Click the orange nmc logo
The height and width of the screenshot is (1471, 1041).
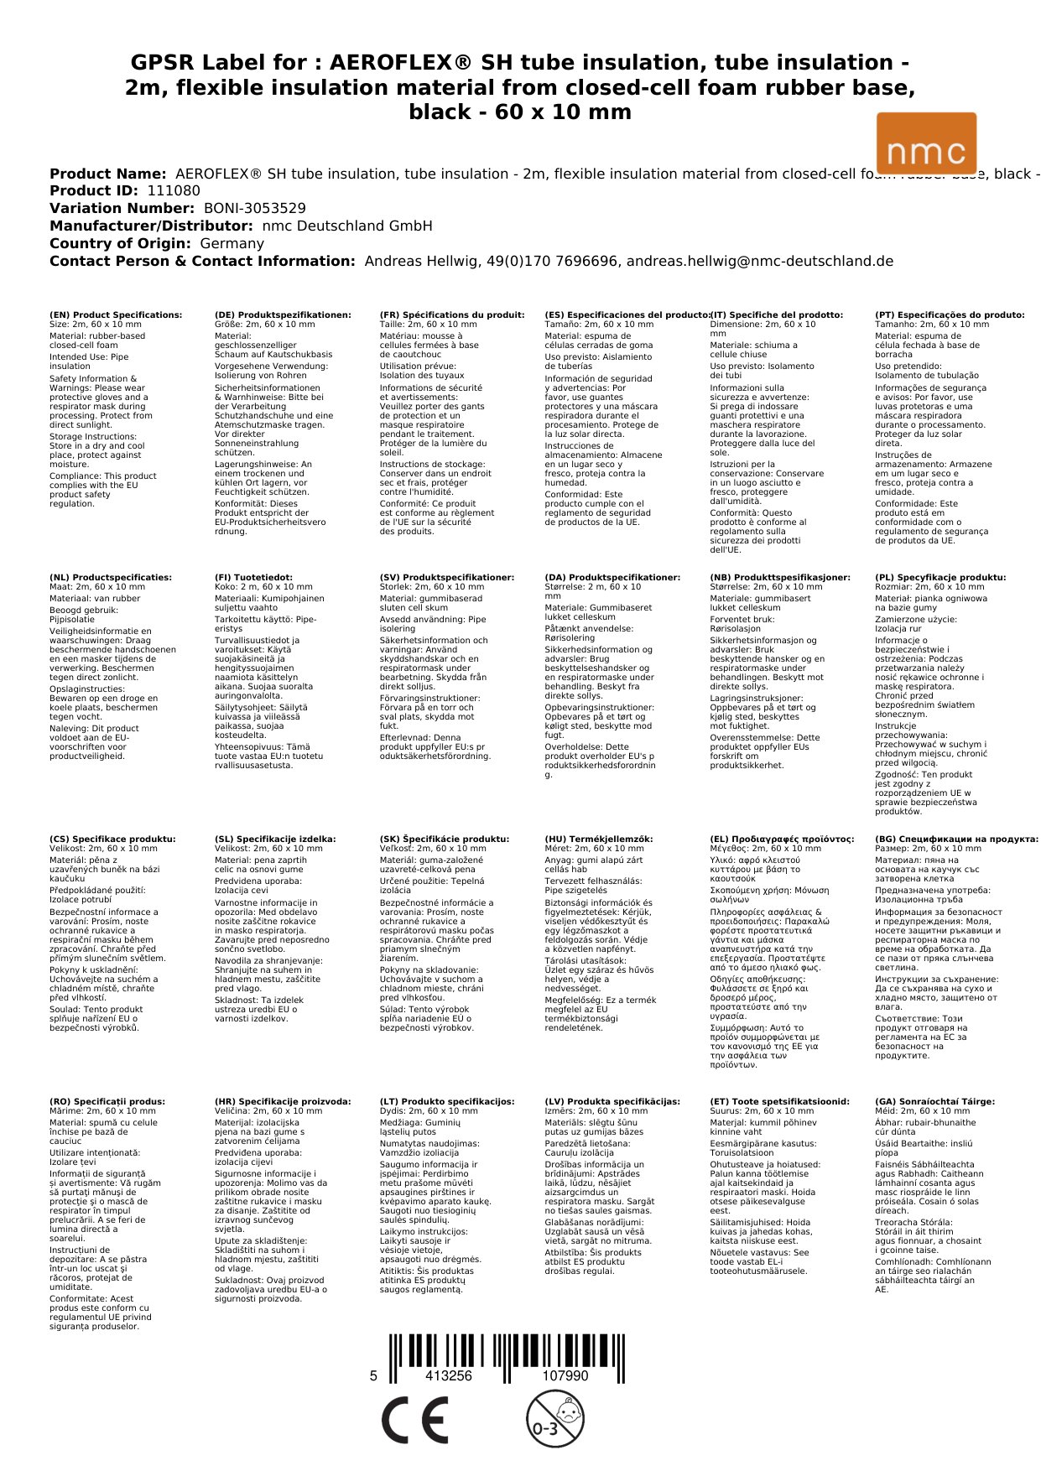click(926, 143)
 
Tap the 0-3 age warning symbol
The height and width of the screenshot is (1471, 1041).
click(554, 1419)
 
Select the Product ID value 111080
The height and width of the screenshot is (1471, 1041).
click(174, 191)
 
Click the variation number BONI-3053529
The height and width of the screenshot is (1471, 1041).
click(255, 209)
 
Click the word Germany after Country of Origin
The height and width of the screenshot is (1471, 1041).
click(232, 244)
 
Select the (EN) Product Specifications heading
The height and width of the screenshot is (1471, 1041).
click(116, 315)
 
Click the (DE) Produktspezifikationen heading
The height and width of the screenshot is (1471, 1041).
click(283, 315)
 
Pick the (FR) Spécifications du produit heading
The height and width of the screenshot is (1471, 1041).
click(451, 315)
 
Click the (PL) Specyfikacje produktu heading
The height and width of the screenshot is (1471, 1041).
click(940, 578)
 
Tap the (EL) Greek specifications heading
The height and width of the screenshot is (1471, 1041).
click(782, 839)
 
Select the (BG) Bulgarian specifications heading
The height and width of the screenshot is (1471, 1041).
click(956, 839)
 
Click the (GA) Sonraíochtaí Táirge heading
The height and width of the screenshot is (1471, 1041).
click(934, 1102)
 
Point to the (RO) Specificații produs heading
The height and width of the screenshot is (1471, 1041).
click(107, 1102)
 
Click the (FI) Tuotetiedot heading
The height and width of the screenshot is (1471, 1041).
click(253, 578)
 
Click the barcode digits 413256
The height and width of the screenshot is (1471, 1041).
click(449, 1376)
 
